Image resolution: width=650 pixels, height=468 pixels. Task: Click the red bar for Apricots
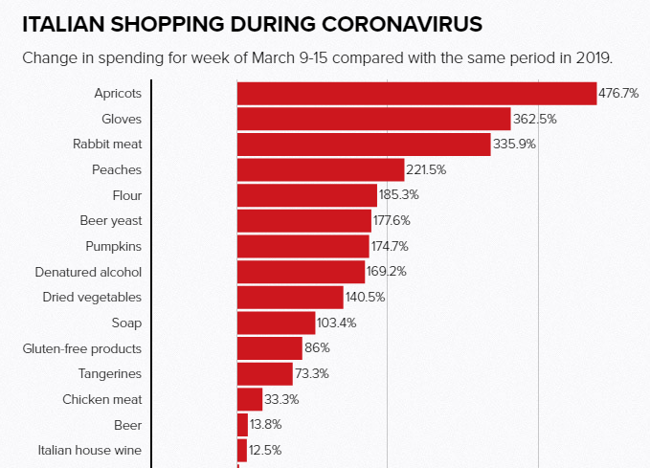[416, 94]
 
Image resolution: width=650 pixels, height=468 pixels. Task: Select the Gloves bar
[373, 119]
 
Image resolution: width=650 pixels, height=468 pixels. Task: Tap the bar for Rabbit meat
[364, 145]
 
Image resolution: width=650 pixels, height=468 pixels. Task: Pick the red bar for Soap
[276, 323]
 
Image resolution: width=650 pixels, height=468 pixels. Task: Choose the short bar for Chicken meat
[250, 399]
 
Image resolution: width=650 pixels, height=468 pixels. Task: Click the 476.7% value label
[618, 94]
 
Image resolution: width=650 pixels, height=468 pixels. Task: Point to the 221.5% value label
[426, 169]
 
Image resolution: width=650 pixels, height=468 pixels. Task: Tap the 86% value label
[318, 348]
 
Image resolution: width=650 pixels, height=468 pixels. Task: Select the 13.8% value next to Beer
[265, 424]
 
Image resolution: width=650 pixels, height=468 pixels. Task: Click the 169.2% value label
[387, 272]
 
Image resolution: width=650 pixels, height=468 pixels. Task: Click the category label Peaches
[117, 169]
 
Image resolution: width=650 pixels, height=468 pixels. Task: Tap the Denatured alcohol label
[88, 272]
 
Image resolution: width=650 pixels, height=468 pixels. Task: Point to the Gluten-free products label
[82, 348]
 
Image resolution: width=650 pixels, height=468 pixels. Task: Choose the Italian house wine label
[90, 450]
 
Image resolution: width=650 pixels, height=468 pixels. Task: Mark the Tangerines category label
[110, 373]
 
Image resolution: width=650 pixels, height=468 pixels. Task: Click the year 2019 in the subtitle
[592, 57]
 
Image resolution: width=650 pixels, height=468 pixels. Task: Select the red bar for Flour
[306, 195]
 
